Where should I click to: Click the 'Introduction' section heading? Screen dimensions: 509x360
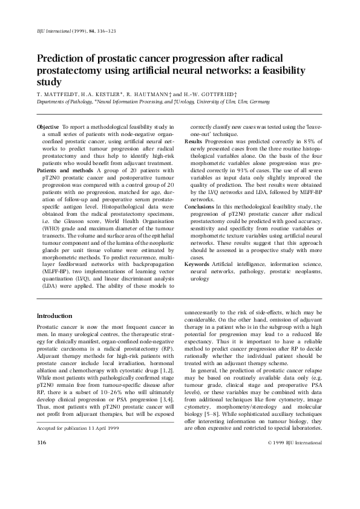pyautogui.click(x=54, y=316)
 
